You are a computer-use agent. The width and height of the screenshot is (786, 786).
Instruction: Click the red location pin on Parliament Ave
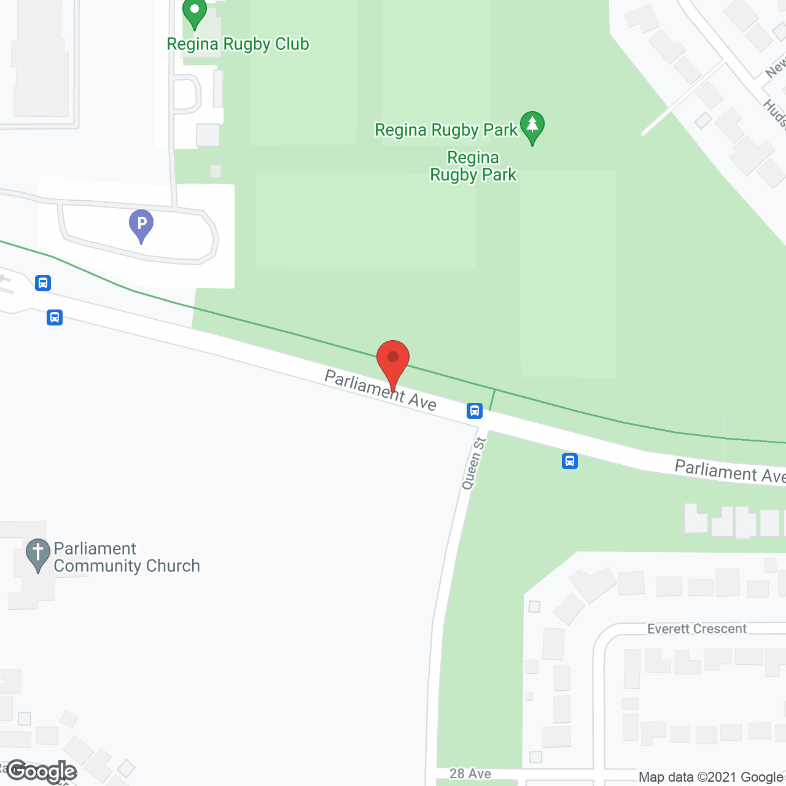coord(393,360)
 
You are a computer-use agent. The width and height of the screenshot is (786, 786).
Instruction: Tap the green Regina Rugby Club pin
coord(195,12)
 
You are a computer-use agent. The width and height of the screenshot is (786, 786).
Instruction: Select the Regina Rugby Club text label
coord(238,44)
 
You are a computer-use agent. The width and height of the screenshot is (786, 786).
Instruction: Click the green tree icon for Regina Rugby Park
coord(532,125)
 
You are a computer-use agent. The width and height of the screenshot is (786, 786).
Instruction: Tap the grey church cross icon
coord(38,553)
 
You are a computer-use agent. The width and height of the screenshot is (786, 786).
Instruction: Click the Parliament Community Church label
coord(126,557)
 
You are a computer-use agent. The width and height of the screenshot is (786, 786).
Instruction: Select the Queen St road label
coord(473,463)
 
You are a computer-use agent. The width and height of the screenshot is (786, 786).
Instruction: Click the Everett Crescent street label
coord(697,629)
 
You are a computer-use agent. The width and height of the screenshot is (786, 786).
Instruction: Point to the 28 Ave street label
coord(470,774)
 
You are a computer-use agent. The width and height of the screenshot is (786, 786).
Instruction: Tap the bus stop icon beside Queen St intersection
coord(475,410)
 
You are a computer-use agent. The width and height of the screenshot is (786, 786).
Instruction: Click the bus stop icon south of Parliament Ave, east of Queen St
coord(570,461)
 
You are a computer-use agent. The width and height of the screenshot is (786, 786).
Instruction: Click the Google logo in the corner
coord(42,771)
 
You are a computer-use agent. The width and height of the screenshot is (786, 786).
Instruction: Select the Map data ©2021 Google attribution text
coord(710,777)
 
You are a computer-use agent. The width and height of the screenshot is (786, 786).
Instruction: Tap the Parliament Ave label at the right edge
coord(730,472)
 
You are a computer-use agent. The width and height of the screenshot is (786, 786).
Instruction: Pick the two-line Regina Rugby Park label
coord(473,166)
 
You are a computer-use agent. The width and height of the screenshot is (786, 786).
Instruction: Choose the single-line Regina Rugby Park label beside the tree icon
coord(446,130)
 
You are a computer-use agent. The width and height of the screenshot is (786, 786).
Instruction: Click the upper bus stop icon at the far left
coord(43,283)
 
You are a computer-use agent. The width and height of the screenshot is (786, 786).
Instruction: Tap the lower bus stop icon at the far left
coord(55,317)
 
